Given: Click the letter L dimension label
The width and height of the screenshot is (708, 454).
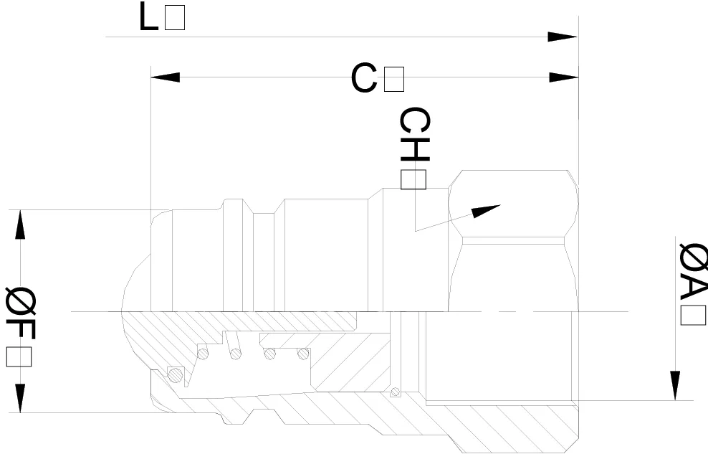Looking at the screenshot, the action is click(x=148, y=16).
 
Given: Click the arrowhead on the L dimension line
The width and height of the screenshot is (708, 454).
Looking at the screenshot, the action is click(x=563, y=37).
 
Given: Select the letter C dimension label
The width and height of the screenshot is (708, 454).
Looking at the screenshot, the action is click(x=364, y=78).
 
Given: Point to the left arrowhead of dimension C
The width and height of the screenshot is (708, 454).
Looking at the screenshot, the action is click(x=166, y=77).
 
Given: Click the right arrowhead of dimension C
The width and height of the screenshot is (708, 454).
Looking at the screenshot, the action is click(x=563, y=77).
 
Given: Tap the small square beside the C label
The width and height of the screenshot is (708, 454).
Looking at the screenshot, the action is click(x=394, y=79).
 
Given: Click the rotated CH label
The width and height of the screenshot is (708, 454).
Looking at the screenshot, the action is click(x=414, y=134).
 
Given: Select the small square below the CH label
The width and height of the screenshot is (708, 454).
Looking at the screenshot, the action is click(x=413, y=179).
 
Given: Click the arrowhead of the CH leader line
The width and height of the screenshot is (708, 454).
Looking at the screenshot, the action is click(x=486, y=211).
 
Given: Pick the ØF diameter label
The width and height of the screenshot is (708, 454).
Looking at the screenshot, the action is click(x=20, y=314).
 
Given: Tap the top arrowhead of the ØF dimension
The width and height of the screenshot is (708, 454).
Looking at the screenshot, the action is click(x=20, y=224).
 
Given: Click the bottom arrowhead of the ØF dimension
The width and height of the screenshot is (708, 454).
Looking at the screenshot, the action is click(x=20, y=398).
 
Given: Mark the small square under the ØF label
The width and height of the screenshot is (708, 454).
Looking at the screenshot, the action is click(x=19, y=357).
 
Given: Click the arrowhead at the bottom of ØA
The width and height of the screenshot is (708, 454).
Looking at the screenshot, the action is click(x=674, y=386).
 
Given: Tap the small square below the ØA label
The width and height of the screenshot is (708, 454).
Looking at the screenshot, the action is click(x=693, y=315).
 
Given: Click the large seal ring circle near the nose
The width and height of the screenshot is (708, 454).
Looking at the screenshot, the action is click(x=176, y=374).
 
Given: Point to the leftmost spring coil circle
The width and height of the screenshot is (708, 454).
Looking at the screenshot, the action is click(x=203, y=353).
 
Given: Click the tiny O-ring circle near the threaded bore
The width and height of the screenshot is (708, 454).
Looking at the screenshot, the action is click(x=396, y=391).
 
